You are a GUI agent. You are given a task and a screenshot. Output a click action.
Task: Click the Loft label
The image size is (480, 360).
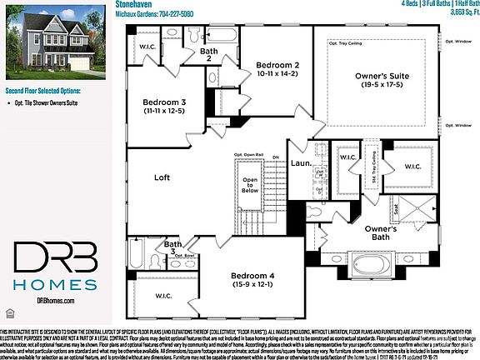pos(162,177)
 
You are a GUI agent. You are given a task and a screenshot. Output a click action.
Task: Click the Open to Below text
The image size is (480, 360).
pos(250,182)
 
